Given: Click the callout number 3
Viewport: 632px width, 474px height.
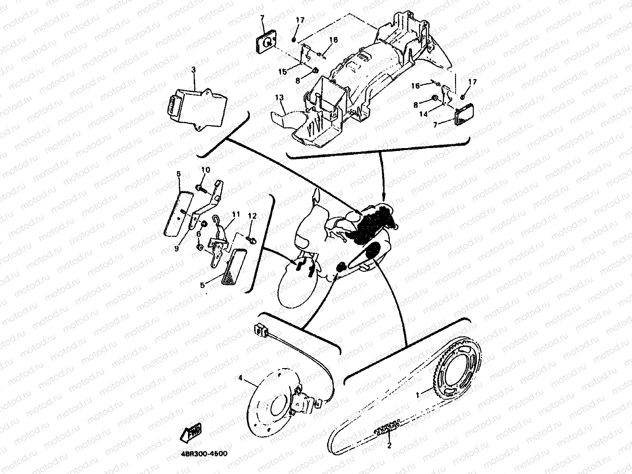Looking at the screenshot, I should [193, 70].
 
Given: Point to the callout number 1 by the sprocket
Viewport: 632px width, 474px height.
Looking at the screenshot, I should [417, 395].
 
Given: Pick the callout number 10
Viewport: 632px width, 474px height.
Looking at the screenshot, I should [205, 170].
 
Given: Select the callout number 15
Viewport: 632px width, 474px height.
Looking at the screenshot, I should [283, 71].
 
